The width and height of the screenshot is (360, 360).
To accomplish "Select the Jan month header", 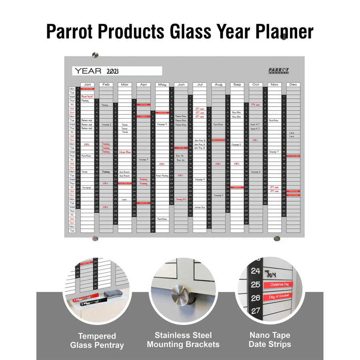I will pos(87,85).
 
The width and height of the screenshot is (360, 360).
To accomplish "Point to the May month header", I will pos(162,85).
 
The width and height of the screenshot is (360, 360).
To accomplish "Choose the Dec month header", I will pos(293,85).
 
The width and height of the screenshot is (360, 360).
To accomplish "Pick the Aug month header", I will pos(218,85).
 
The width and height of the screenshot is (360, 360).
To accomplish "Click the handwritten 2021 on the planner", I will pos(114,71).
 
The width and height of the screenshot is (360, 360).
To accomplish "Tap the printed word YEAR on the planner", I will pos(88,71).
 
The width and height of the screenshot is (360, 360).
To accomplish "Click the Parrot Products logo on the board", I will pos(279,71).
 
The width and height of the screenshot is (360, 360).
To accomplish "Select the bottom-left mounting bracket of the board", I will pos(95,239).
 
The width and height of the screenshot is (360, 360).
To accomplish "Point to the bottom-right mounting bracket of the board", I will pos(276,239).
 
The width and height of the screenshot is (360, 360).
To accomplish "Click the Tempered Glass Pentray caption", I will pos(97,340).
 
